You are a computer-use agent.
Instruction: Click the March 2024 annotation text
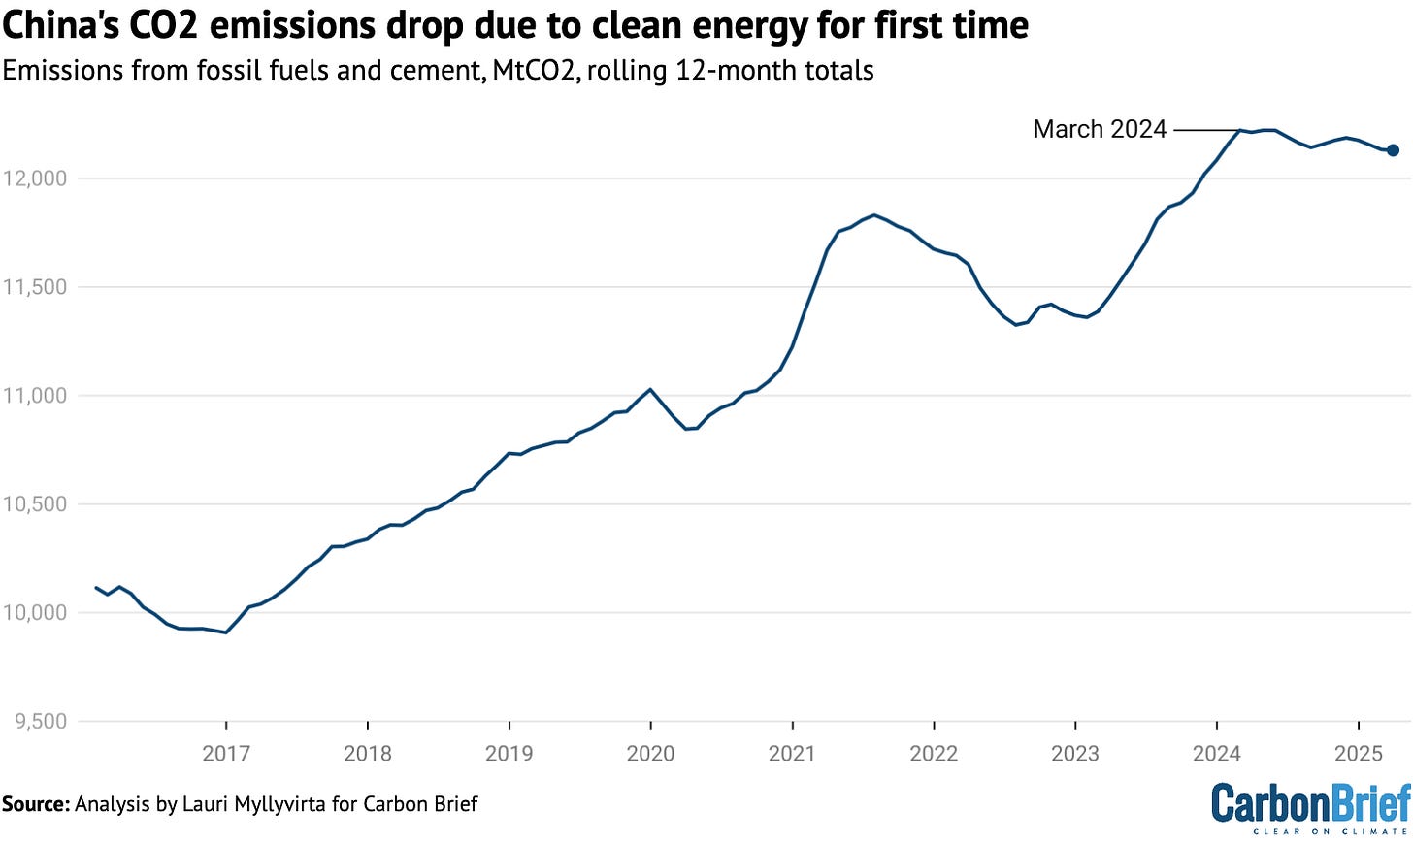coord(1099,129)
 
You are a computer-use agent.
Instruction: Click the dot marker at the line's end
coord(1393,150)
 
